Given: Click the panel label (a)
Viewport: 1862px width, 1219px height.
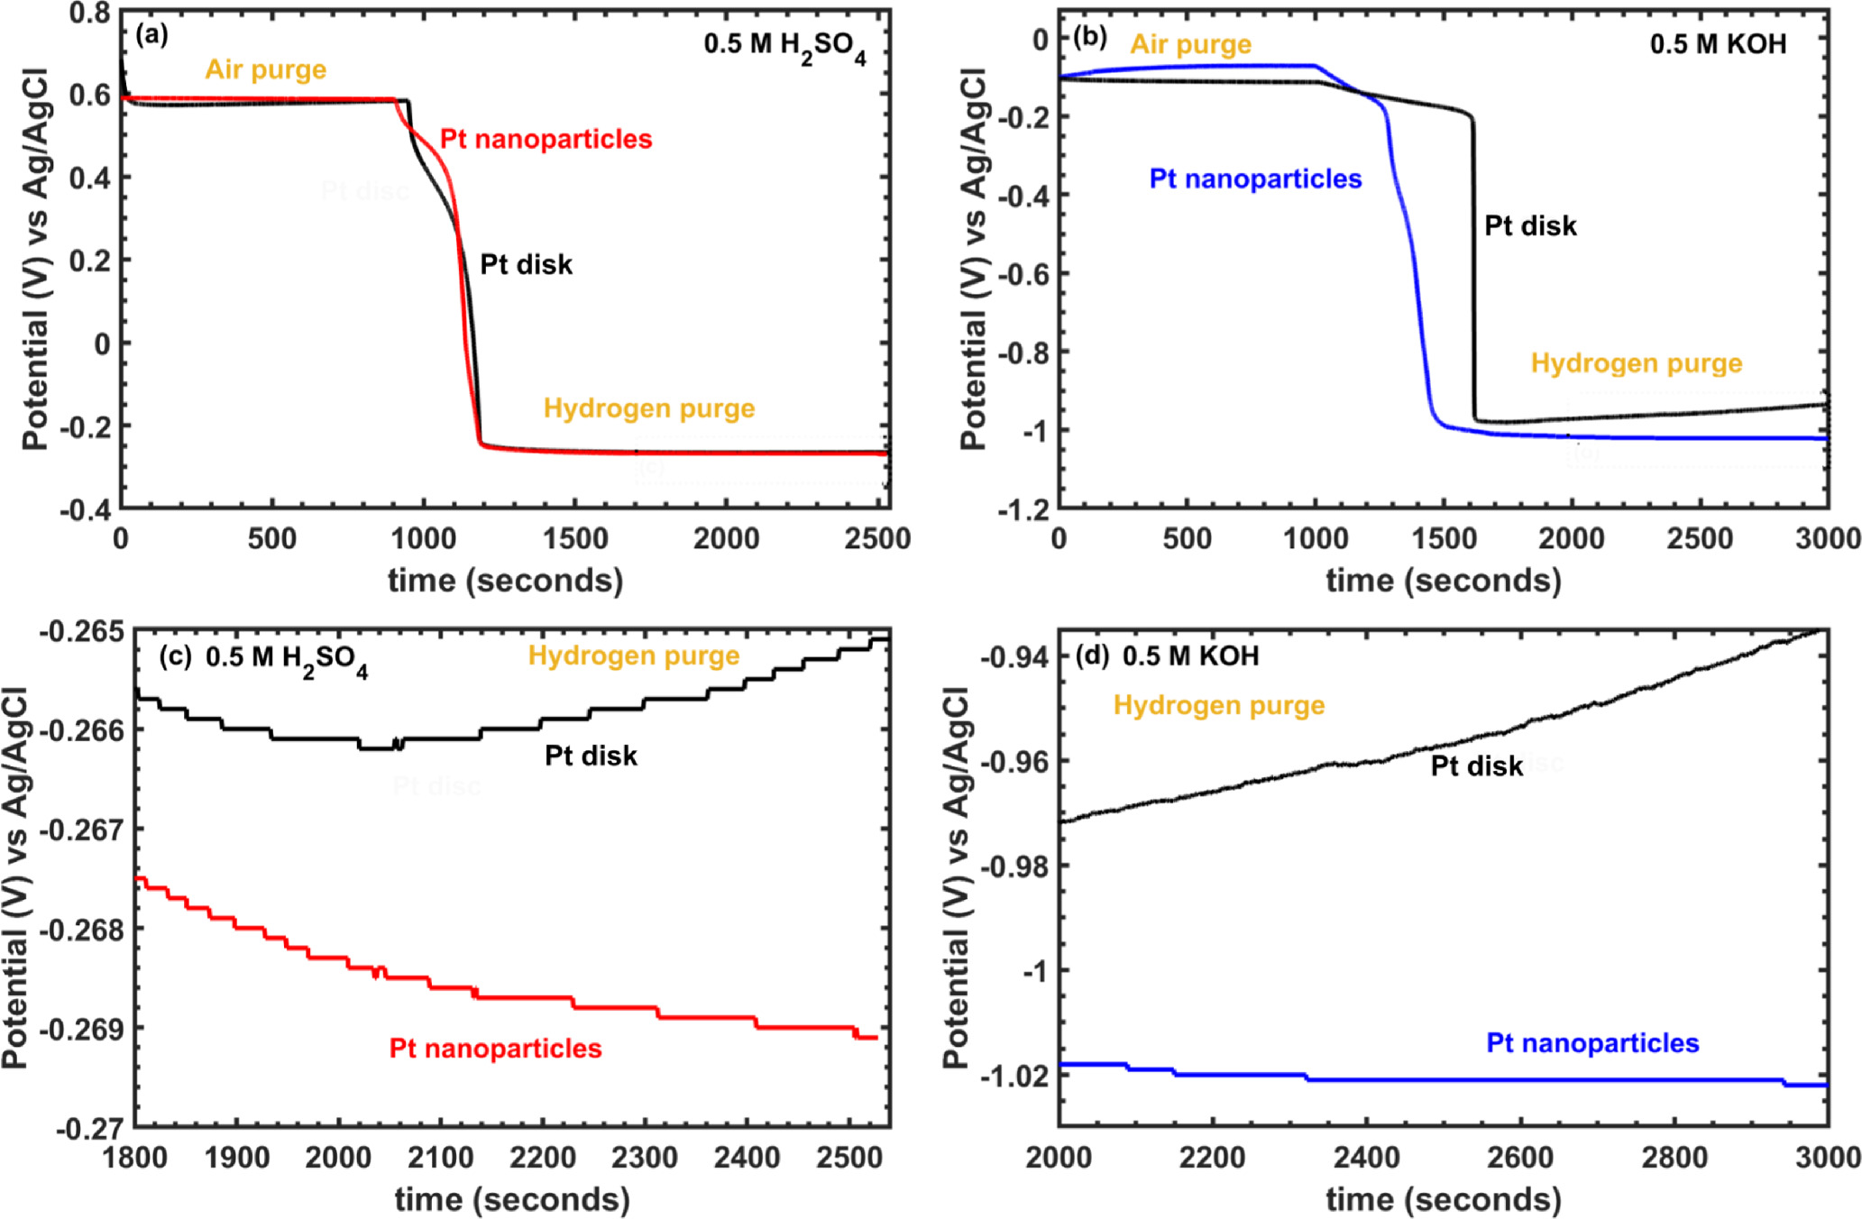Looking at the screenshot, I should point(151,35).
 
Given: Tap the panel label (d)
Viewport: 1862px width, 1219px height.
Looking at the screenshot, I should point(1092,655).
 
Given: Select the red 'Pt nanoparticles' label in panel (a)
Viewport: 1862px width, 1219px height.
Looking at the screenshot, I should point(546,139).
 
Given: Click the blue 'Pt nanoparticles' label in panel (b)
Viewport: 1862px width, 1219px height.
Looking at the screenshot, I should point(1255,179).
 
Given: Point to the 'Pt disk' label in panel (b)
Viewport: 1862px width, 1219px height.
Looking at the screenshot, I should point(1530,225).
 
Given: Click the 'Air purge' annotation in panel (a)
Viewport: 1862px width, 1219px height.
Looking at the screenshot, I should point(265,69).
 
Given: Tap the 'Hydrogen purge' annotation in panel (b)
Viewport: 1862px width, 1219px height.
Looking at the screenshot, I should point(1636,363).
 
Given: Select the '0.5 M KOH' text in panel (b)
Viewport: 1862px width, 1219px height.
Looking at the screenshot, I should point(1718,44).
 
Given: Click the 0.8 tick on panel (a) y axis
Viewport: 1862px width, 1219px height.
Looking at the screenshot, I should point(89,14).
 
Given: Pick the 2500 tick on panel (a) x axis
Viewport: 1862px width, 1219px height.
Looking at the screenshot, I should point(876,539).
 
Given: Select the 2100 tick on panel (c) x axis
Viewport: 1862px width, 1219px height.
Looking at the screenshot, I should point(440,1158).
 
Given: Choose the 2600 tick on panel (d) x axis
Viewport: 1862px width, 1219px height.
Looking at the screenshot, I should point(1519,1158).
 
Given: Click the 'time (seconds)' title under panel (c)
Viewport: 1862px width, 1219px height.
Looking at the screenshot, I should point(512,1199).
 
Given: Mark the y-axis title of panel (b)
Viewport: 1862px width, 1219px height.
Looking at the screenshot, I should point(973,260).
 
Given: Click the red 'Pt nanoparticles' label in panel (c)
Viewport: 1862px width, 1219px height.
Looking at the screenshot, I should point(495,1049).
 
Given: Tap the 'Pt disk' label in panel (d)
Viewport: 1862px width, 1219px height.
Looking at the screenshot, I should point(1476,766).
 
